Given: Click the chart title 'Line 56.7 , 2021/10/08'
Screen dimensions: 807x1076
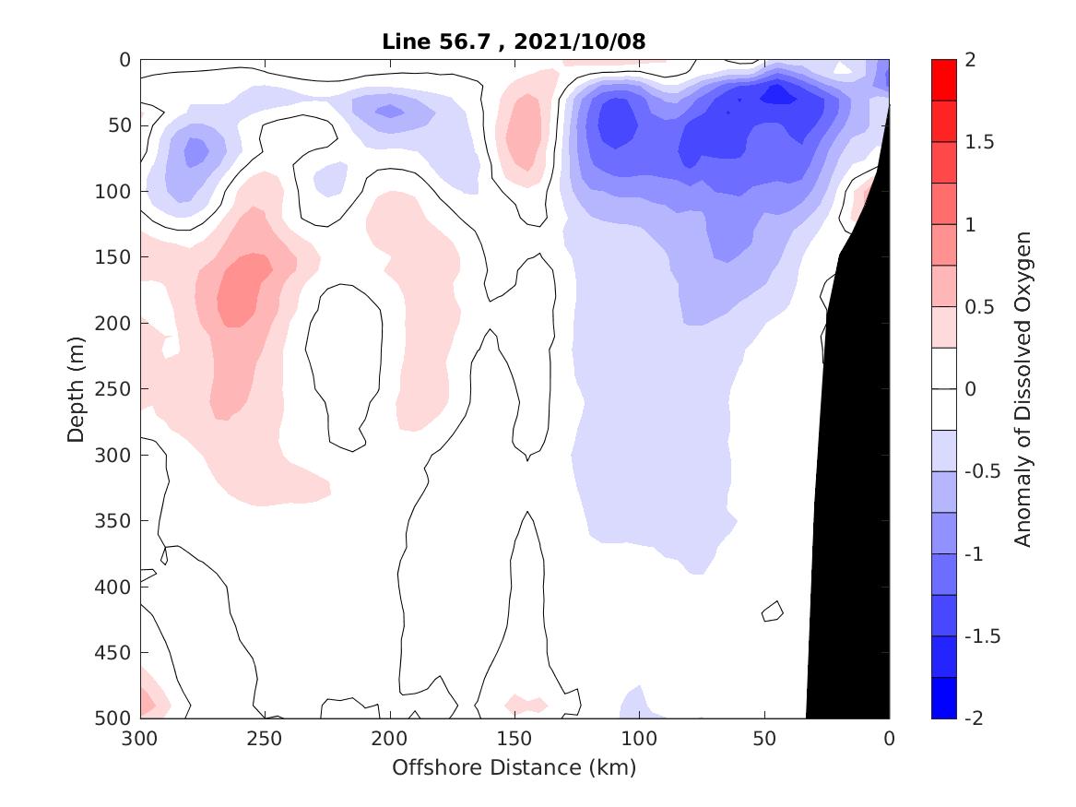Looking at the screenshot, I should pyautogui.click(x=514, y=42).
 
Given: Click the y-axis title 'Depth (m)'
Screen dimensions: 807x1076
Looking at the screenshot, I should pyautogui.click(x=77, y=388).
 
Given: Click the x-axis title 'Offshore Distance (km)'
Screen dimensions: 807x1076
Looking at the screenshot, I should pyautogui.click(x=514, y=767).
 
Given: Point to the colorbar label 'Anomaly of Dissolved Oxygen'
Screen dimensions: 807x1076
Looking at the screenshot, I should pyautogui.click(x=1023, y=388).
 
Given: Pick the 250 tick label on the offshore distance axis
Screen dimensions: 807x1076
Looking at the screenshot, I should pyautogui.click(x=265, y=739).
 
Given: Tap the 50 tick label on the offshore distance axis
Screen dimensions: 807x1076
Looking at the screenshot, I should pyautogui.click(x=764, y=739).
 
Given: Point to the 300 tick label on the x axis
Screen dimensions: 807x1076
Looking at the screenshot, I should pyautogui.click(x=140, y=739).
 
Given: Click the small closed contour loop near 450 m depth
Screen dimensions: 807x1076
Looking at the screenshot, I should pyautogui.click(x=773, y=611).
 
